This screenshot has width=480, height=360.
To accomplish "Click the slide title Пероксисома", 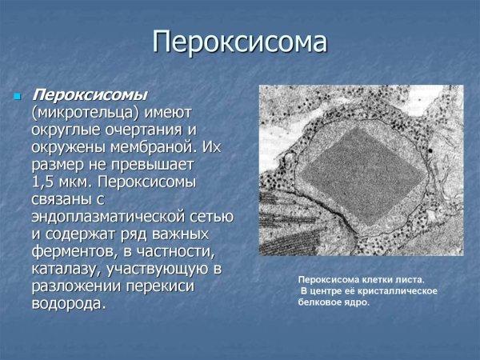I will pyautogui.click(x=240, y=42).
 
